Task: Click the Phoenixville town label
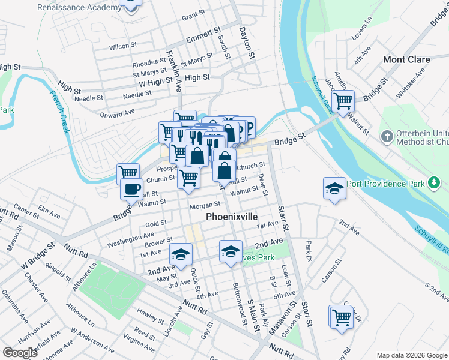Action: click(x=240, y=216)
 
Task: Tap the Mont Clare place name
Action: click(x=406, y=59)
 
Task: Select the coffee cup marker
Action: click(x=132, y=189)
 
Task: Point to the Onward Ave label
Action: click(x=118, y=114)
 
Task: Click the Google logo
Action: click(x=20, y=353)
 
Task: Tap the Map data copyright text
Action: click(x=411, y=355)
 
